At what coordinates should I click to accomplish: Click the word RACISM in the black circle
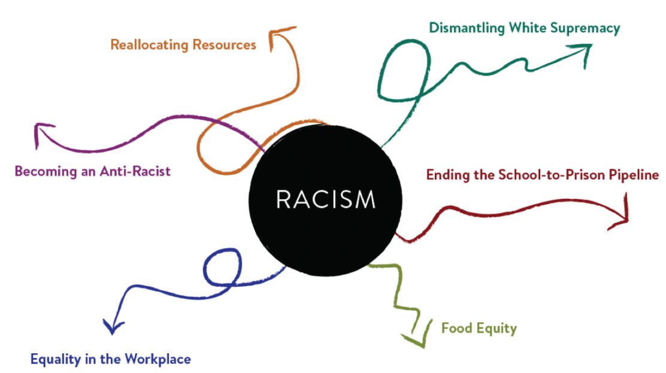tap(326, 199)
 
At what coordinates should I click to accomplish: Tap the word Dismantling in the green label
tap(467, 29)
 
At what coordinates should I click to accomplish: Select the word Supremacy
tap(585, 29)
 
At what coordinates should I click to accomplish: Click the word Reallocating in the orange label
tap(149, 45)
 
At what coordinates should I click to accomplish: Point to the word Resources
tap(224, 45)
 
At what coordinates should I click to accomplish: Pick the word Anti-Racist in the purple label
tap(135, 171)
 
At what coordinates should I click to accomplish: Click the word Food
tap(456, 328)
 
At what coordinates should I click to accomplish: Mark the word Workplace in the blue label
tap(158, 359)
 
